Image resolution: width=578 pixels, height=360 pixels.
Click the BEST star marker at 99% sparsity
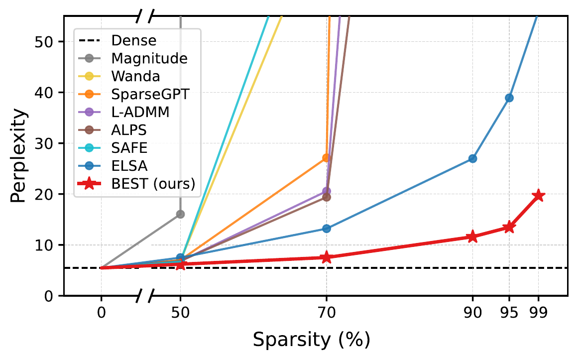pos(539,196)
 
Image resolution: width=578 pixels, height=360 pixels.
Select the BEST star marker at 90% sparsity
pos(472,237)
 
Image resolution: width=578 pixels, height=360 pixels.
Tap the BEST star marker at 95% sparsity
pos(509,227)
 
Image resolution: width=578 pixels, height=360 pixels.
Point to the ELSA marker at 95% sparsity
pos(509,98)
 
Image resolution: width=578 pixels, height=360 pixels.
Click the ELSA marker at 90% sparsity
pos(472,159)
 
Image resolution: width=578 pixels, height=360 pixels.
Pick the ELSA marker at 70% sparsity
pos(326,229)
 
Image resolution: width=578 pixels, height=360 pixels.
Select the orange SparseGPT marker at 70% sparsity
pos(326,158)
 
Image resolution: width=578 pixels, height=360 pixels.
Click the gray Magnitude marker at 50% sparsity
pos(180,214)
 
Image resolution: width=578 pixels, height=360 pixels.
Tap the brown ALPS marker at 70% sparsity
pos(326,197)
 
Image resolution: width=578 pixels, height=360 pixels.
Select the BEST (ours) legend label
pos(153,184)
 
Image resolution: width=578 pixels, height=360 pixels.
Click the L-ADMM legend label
pos(140,112)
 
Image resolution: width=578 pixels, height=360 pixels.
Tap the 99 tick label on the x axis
pos(539,313)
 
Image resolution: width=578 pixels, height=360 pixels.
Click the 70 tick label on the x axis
pos(326,313)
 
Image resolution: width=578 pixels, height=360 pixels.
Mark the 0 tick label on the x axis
pos(102,313)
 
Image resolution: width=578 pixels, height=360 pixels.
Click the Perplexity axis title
pos(18,156)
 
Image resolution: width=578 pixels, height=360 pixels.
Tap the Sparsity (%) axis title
pos(312,340)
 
